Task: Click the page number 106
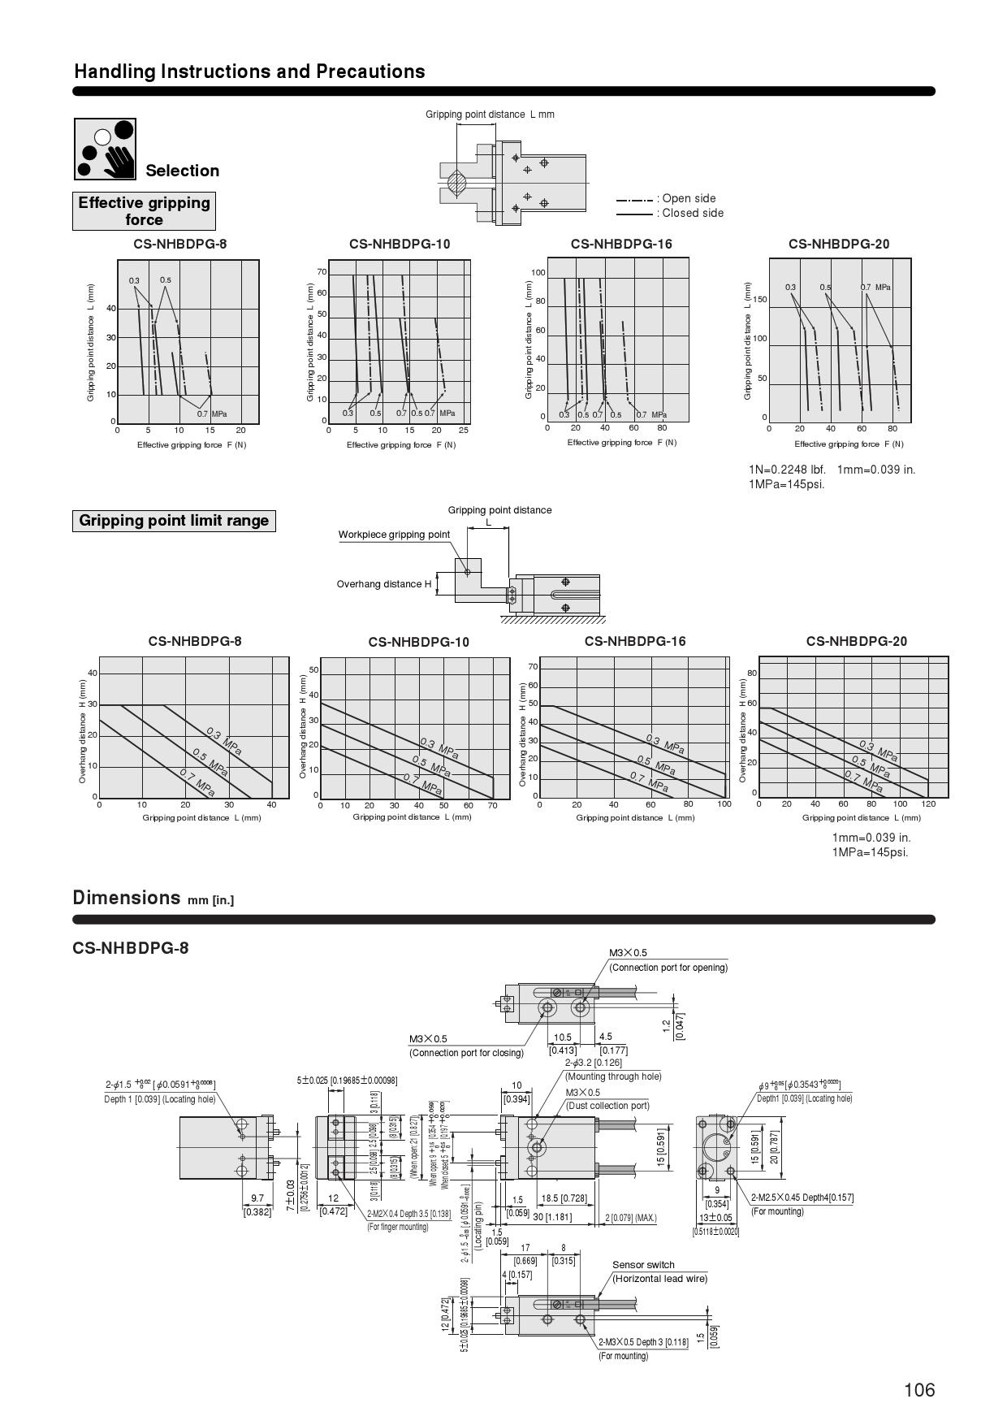point(919,1390)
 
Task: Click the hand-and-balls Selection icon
point(105,149)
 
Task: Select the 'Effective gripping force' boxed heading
point(144,211)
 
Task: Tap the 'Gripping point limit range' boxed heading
point(174,521)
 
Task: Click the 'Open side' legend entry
point(689,198)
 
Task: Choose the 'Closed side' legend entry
point(692,214)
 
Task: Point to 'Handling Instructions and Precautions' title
point(249,71)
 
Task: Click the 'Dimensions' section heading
point(127,898)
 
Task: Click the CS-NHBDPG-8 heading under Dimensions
point(131,948)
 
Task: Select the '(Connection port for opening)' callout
point(668,968)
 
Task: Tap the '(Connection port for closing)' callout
point(466,1053)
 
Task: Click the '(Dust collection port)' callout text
point(607,1106)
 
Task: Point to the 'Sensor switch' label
point(643,1265)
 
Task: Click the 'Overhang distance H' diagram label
point(384,584)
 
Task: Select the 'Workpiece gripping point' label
point(394,535)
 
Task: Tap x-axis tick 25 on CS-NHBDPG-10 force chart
point(464,431)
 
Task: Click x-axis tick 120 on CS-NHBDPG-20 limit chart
point(929,804)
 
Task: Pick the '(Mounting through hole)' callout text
point(613,1076)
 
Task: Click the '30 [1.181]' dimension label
point(552,1217)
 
